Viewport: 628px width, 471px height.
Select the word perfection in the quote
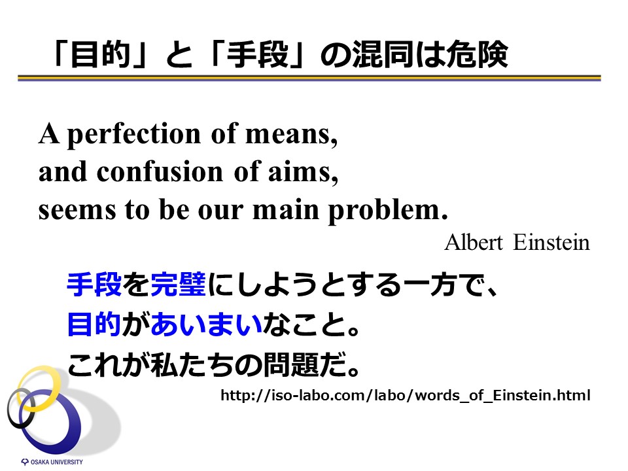point(133,135)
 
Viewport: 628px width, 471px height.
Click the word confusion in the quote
point(160,171)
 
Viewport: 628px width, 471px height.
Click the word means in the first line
point(292,135)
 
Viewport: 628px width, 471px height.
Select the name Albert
point(474,242)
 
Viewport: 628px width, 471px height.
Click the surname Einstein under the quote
point(551,242)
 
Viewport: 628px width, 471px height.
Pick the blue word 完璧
point(178,285)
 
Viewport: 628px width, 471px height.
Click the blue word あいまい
point(206,324)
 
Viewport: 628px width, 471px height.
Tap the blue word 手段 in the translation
point(94,285)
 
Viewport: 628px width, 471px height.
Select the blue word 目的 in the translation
point(94,324)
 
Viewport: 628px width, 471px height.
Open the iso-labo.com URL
point(406,395)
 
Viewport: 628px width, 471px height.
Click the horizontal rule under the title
point(309,78)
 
